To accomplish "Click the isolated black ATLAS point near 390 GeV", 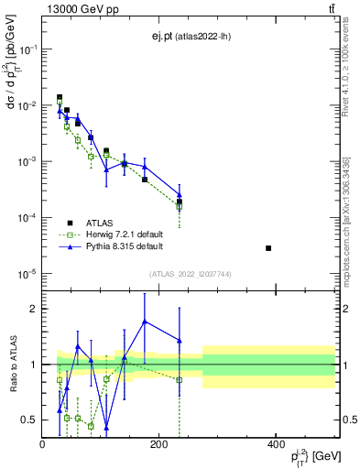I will click(268, 248).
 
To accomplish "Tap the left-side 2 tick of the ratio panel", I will click(32, 309).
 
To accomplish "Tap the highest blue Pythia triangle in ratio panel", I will click(145, 321).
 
